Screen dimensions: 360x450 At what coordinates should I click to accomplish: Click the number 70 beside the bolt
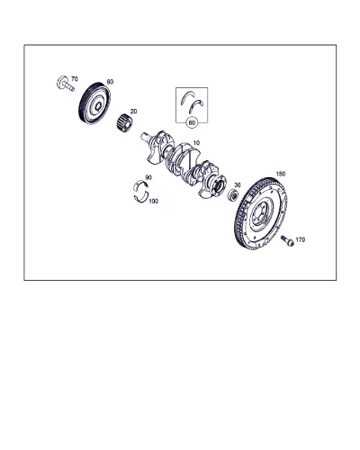75,79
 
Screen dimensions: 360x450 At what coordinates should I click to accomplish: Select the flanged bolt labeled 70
65,83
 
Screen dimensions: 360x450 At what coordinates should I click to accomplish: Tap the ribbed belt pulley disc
94,103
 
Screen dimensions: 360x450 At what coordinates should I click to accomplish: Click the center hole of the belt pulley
98,105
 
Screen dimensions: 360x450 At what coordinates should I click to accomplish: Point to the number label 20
133,112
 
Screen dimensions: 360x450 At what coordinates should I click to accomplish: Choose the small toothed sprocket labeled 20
124,122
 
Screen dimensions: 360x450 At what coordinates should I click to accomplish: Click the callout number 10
196,143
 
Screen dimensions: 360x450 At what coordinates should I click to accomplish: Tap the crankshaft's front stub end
146,138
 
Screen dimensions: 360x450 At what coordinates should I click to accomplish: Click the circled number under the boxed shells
192,122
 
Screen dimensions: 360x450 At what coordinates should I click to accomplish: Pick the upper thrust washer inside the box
187,97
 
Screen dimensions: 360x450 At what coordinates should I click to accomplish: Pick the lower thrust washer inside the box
196,105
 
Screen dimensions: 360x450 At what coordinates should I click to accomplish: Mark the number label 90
148,177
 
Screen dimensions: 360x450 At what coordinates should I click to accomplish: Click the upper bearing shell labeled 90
140,185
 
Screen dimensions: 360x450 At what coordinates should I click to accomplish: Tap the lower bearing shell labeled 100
140,197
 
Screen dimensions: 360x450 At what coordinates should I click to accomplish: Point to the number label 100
153,202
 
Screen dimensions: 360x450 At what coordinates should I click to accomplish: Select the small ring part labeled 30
233,195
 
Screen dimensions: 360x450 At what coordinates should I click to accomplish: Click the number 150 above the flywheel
281,174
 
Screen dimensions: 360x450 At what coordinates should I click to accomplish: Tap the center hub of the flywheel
260,213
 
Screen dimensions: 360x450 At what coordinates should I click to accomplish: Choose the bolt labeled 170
287,241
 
